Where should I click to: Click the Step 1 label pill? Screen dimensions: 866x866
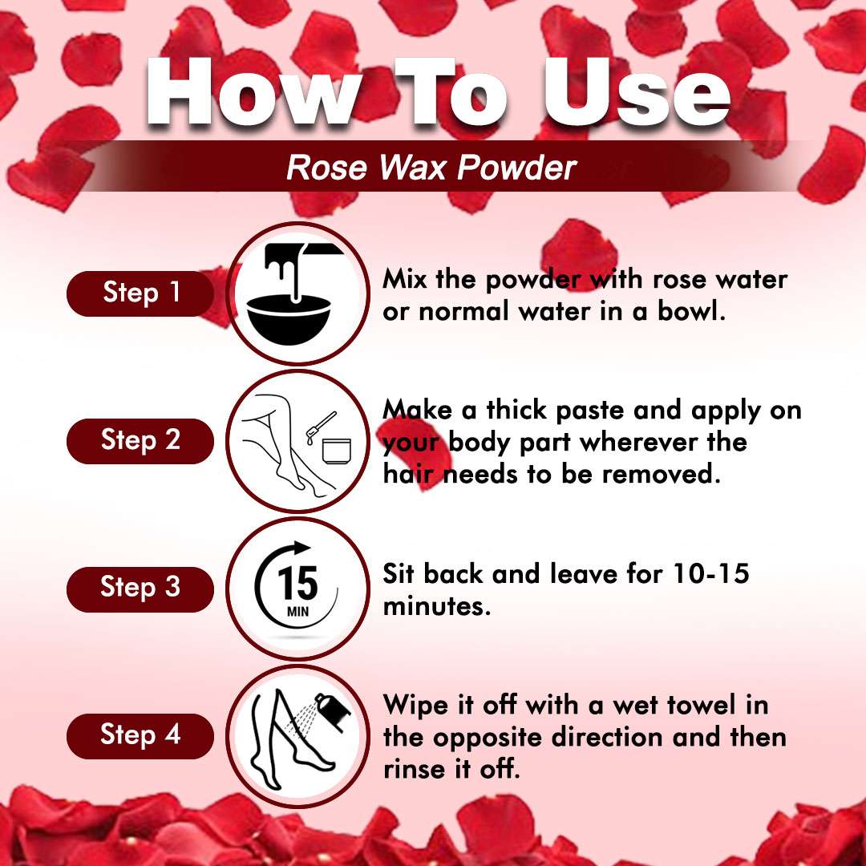[140, 293]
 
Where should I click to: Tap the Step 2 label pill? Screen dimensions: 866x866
[140, 440]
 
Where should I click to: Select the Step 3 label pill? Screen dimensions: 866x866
[140, 588]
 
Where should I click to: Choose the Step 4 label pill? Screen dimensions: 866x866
[140, 734]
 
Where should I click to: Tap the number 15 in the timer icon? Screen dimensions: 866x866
[298, 583]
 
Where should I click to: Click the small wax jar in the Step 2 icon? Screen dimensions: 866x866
[338, 450]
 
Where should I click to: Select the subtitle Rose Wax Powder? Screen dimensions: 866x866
[431, 168]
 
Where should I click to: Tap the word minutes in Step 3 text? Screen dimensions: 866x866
[436, 607]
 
